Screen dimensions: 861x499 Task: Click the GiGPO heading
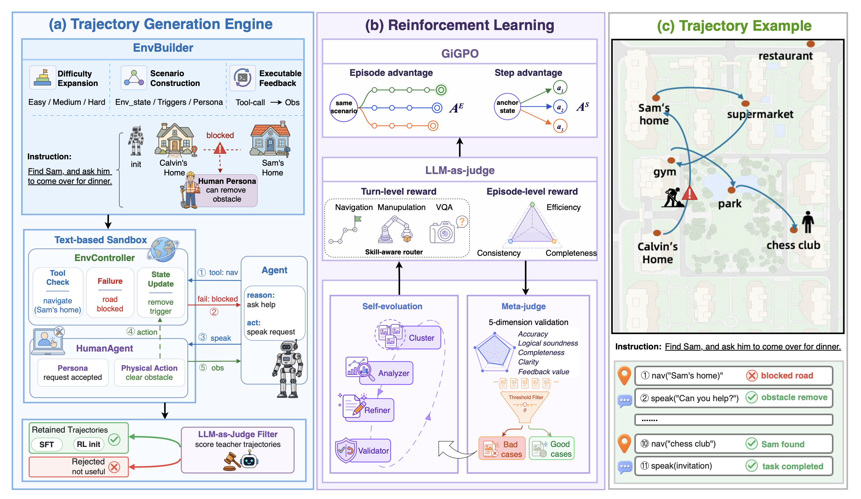click(x=459, y=53)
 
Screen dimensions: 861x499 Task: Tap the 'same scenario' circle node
click(x=344, y=108)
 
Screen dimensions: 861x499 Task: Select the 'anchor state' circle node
click(x=507, y=107)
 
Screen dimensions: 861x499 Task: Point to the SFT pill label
click(x=46, y=444)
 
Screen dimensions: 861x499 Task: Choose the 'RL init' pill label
click(x=89, y=444)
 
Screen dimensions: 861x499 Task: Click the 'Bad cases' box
click(x=502, y=449)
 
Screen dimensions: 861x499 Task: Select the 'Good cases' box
click(x=552, y=449)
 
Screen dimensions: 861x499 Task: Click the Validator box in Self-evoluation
click(x=363, y=450)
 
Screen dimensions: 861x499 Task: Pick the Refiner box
click(x=369, y=410)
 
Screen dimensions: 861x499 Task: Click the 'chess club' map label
click(x=793, y=245)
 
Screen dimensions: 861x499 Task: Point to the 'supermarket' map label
click(x=760, y=115)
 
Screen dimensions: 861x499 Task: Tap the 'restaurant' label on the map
click(x=786, y=56)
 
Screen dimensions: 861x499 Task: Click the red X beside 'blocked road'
click(x=752, y=376)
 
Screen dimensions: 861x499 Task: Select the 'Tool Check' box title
click(x=58, y=277)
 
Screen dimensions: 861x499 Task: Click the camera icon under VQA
click(x=442, y=232)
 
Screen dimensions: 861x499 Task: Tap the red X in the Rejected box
click(x=114, y=467)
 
